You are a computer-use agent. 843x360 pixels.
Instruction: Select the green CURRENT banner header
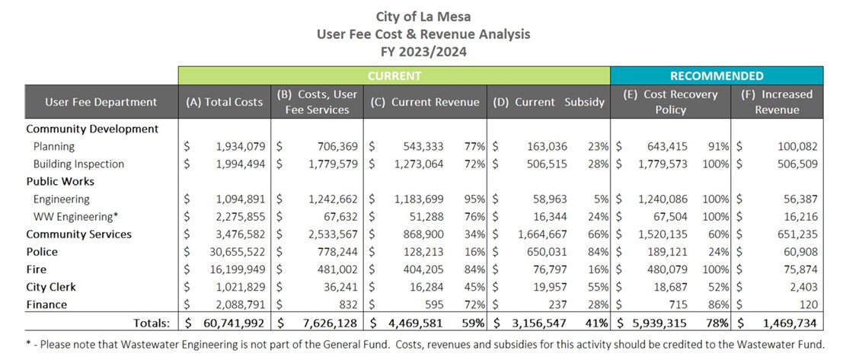(x=394, y=76)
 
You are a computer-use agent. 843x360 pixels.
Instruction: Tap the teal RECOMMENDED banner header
(x=717, y=76)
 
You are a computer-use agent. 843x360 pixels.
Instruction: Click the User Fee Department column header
(x=101, y=102)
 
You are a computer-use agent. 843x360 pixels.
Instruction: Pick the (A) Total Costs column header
(x=225, y=102)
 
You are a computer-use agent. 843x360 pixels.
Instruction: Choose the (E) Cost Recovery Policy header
(x=670, y=102)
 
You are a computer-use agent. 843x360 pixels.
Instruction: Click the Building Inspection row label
(x=78, y=164)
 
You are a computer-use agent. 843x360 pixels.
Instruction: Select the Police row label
(x=42, y=252)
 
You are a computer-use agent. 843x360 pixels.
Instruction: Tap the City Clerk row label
(x=51, y=287)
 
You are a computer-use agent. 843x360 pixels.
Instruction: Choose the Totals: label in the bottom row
(x=153, y=323)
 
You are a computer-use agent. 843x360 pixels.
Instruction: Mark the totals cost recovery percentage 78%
(x=717, y=323)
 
